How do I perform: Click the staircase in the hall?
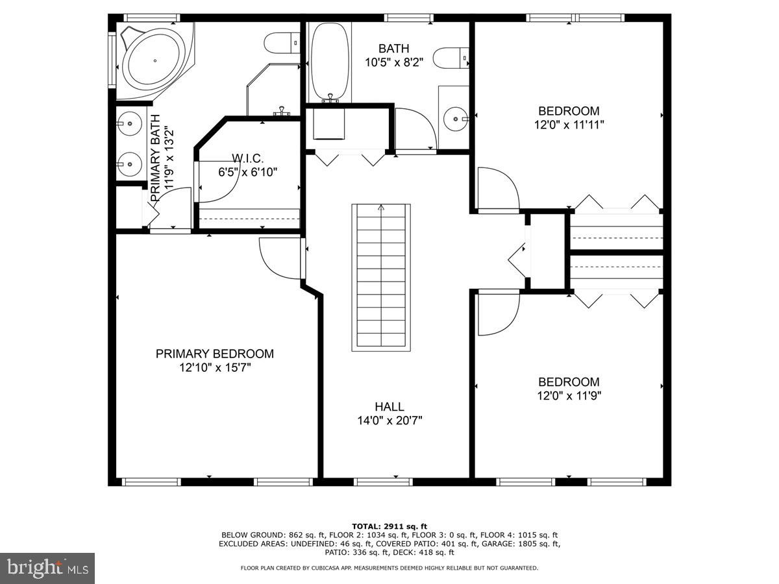[381, 277]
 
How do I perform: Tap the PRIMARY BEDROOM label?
[214, 354]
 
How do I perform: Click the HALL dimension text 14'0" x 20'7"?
[389, 420]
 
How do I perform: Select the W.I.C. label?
[248, 158]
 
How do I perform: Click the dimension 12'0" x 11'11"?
[569, 125]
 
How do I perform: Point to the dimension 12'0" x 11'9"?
[569, 396]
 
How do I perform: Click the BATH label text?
[394, 48]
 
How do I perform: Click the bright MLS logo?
[47, 568]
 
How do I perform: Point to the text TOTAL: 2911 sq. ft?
[389, 526]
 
